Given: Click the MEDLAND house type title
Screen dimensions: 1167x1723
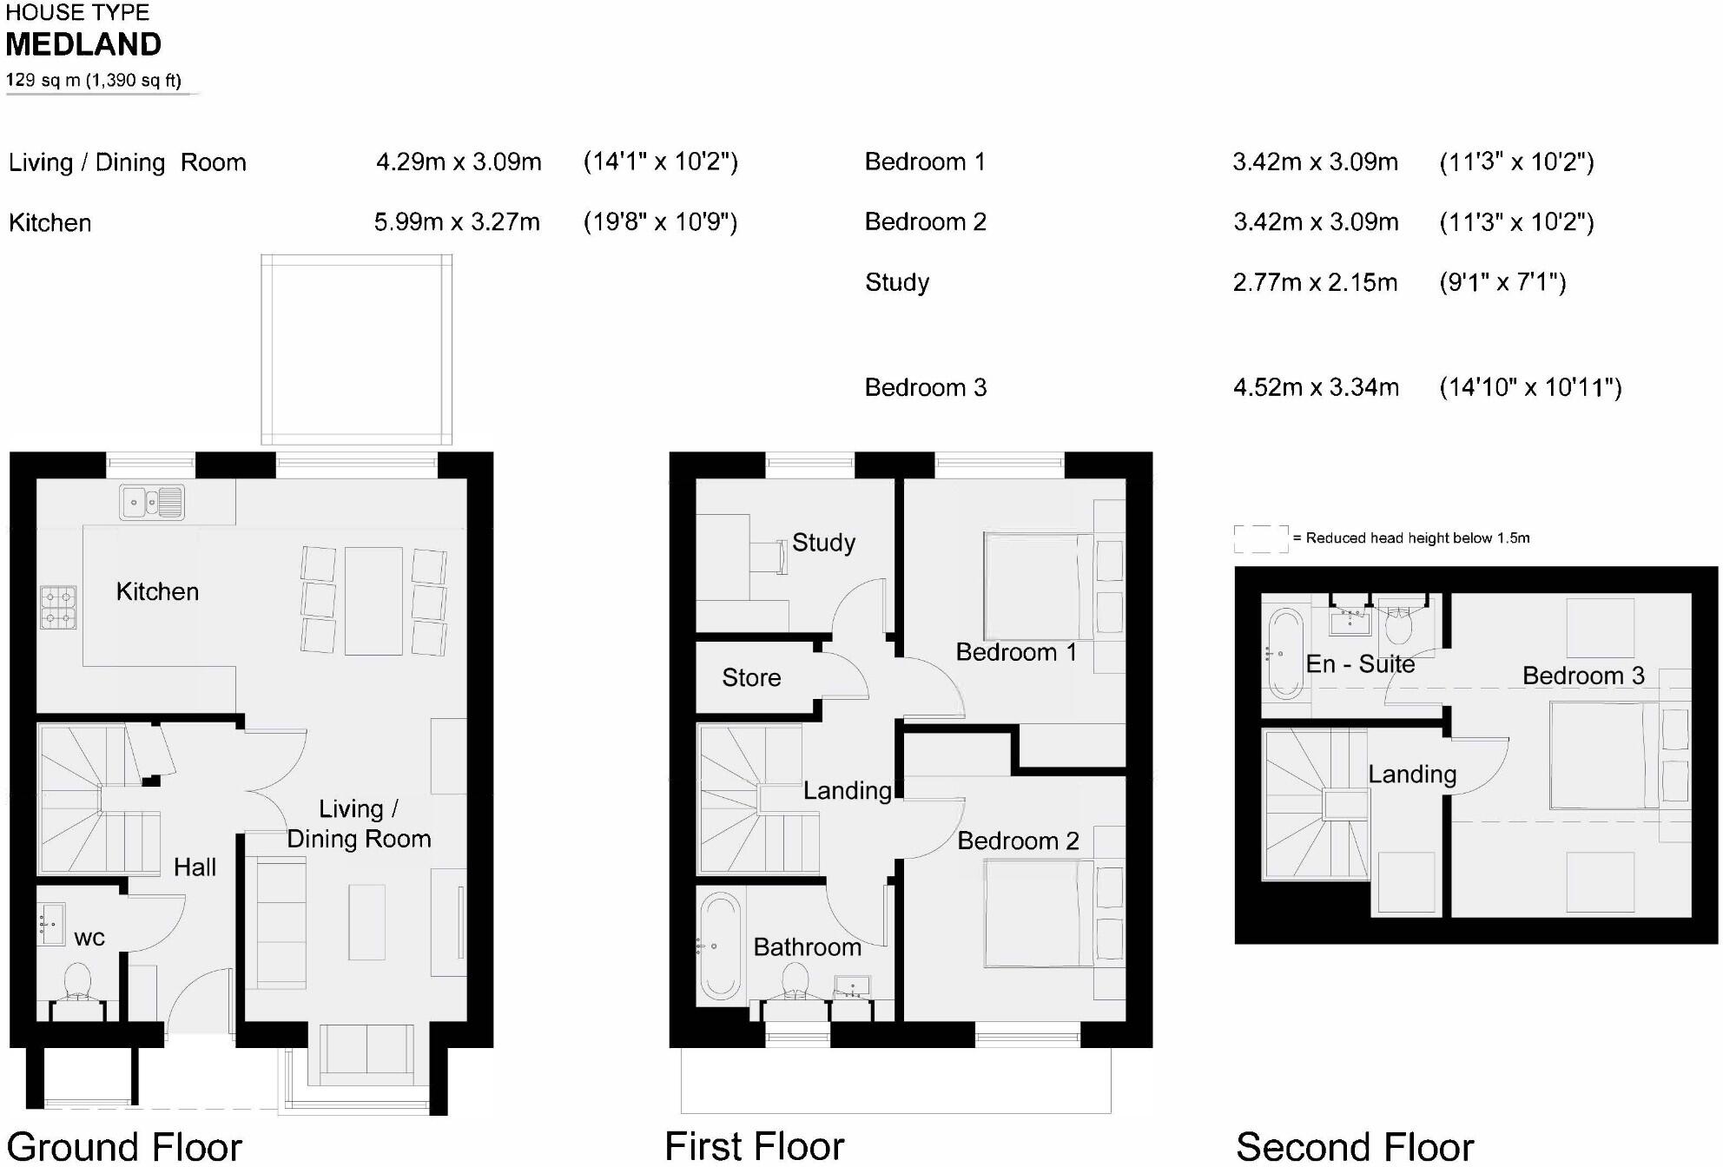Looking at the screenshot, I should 83,44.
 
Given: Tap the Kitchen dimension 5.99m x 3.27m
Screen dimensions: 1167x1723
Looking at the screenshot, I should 457,222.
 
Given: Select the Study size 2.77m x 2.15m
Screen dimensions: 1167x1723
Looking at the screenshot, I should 1315,282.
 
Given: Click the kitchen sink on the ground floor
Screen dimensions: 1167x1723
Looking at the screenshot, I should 152,502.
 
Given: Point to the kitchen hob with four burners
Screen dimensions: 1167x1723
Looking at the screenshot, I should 58,607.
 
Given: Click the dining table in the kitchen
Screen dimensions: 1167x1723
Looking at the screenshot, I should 373,601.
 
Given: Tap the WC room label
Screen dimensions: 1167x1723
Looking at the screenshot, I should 89,938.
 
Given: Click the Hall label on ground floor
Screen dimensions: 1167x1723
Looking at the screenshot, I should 195,867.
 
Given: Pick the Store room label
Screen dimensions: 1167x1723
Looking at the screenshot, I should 751,677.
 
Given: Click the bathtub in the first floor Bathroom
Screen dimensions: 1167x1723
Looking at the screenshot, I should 720,946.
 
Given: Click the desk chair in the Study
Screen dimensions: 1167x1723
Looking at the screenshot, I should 770,557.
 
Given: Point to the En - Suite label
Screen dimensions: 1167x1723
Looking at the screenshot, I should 1360,664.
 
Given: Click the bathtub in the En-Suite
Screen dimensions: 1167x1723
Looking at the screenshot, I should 1286,654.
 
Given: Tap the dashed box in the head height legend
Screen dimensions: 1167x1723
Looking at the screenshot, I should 1261,538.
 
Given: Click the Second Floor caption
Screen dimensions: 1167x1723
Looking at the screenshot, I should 1354,1146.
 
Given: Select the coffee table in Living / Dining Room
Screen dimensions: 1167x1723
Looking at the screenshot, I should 366,921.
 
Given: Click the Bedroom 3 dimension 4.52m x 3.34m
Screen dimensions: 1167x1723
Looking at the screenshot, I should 1316,387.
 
